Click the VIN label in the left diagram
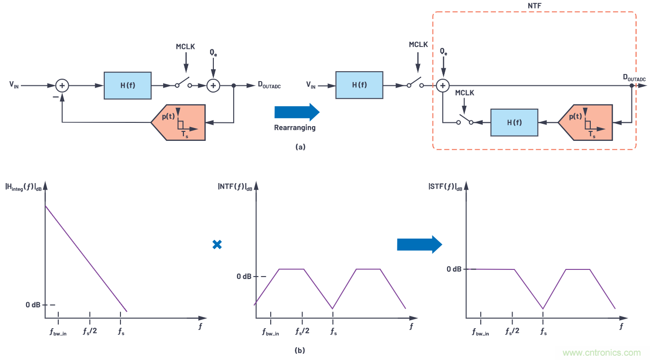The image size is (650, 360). tap(15, 86)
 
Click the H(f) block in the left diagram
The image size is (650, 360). tap(128, 85)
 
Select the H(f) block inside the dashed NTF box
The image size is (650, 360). tap(514, 122)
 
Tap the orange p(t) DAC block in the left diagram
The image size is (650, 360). tap(179, 122)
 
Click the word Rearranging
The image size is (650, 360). tap(294, 128)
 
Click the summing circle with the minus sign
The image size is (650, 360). tap(62, 85)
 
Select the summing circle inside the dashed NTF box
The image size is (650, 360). tap(442, 85)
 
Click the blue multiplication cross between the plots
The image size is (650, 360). tap(217, 245)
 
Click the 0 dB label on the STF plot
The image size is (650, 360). tap(454, 269)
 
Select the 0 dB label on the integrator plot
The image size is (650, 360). tap(34, 305)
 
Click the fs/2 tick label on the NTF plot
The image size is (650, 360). tap(302, 331)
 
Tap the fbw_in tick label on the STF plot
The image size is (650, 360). tap(480, 332)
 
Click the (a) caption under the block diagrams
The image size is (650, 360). tap(300, 147)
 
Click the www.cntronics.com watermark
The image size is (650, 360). tap(602, 353)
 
